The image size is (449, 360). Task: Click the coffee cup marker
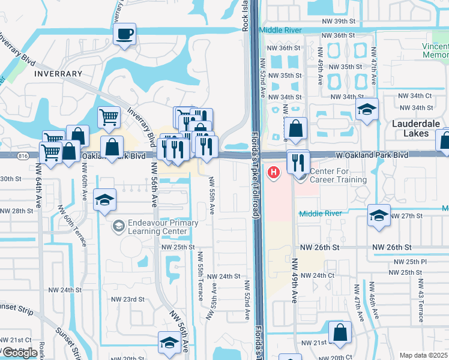124,34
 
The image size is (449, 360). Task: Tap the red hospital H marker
274,173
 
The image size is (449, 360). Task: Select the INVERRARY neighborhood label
58,74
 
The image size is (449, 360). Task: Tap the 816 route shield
23,155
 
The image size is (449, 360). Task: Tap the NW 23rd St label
128,299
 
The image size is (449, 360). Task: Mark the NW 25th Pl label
411,262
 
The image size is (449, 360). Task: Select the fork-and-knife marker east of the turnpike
298,161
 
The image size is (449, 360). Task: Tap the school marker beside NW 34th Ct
367,110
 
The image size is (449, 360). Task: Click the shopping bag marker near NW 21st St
340,334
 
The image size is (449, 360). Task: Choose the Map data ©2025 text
424,355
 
